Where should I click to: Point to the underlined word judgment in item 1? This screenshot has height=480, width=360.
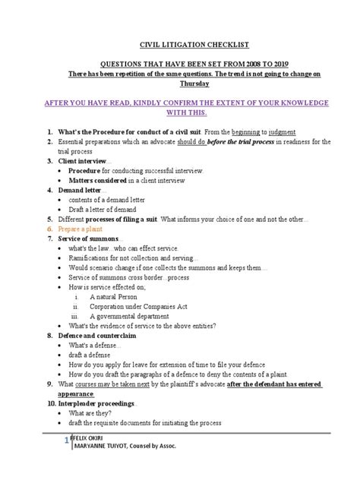pos(279,132)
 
